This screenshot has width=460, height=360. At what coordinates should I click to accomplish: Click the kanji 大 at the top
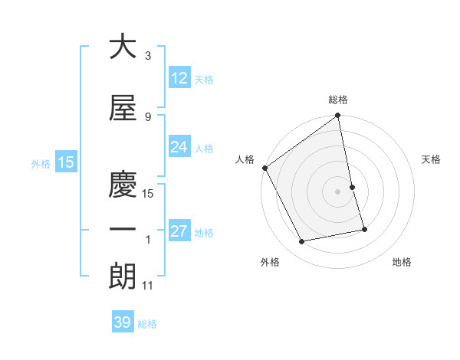[x=123, y=47]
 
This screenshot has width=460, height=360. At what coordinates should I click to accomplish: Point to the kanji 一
[x=123, y=229]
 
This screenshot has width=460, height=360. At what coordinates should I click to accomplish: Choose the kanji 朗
[x=123, y=277]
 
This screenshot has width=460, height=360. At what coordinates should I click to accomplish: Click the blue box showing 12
[x=179, y=78]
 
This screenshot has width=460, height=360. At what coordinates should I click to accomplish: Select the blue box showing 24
[x=179, y=147]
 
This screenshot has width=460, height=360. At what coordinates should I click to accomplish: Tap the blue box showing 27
[x=179, y=231]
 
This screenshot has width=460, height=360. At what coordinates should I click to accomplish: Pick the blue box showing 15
[x=65, y=162]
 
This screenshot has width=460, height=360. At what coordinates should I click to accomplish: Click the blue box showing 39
[x=122, y=322]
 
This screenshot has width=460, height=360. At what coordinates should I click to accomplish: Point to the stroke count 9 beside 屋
[x=148, y=117]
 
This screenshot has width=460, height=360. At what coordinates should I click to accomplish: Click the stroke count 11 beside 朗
[x=148, y=286]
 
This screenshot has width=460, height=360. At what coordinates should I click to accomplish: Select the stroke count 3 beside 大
[x=148, y=56]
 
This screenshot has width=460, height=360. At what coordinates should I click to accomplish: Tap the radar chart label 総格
[x=338, y=100]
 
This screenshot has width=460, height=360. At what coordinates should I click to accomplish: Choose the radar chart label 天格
[x=432, y=159]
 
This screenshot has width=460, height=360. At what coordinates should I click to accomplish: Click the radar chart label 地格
[x=402, y=263]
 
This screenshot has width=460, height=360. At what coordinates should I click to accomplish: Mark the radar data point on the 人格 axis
[x=264, y=168]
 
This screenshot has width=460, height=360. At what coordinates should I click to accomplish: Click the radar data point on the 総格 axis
[x=338, y=116]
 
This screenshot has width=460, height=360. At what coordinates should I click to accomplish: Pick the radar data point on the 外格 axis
[x=302, y=242]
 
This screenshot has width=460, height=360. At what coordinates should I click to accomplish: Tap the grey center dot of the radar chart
[x=338, y=191]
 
